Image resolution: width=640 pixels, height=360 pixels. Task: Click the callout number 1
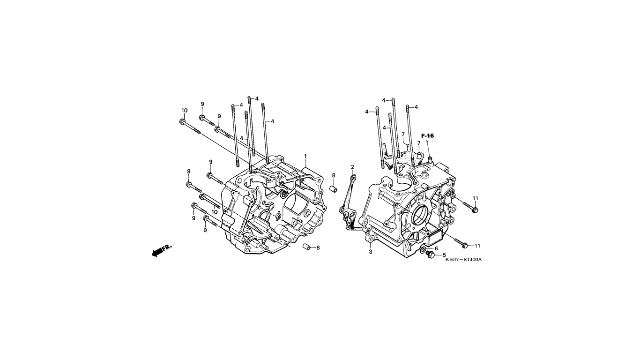tap(305, 156)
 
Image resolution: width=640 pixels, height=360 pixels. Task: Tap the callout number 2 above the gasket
tap(352, 167)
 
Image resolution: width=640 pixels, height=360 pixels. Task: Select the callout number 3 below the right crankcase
tap(371, 252)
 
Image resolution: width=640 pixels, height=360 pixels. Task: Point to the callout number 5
tap(444, 255)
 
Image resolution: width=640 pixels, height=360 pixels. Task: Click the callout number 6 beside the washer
tap(436, 249)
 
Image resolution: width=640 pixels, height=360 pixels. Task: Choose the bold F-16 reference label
tap(427, 136)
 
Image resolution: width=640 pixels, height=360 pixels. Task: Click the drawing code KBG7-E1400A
tap(463, 260)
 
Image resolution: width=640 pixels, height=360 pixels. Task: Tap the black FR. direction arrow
tap(162, 251)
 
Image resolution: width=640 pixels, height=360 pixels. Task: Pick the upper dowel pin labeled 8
tap(334, 189)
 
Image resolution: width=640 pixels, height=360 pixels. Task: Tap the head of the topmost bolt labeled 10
tap(182, 121)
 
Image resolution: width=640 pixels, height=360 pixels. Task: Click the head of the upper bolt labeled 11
tap(475, 210)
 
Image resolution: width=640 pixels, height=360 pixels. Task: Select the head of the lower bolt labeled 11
tap(465, 245)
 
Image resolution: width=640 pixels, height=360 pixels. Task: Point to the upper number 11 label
tap(475, 198)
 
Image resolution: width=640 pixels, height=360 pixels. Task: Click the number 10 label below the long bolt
tap(214, 212)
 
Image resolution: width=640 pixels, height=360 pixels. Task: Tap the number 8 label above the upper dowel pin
tap(334, 175)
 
